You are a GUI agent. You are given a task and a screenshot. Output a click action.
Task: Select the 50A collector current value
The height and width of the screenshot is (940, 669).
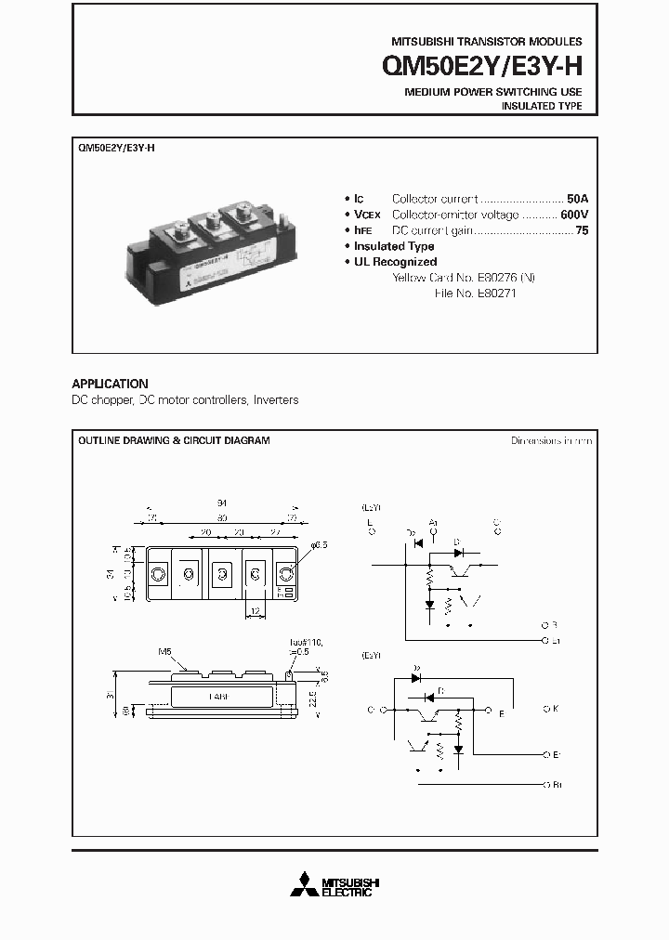pyautogui.click(x=578, y=199)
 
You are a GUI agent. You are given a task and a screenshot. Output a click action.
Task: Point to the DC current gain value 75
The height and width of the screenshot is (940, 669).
pyautogui.click(x=582, y=230)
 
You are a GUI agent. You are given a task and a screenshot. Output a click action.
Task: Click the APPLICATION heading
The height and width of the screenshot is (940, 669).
pyautogui.click(x=110, y=384)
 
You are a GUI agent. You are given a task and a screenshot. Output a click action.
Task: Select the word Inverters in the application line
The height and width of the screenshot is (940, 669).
pyautogui.click(x=276, y=400)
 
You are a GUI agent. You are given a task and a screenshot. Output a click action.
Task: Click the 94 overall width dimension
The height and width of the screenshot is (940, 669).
pyautogui.click(x=222, y=503)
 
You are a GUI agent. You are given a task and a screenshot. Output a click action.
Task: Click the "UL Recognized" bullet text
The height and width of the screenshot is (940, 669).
pyautogui.click(x=395, y=262)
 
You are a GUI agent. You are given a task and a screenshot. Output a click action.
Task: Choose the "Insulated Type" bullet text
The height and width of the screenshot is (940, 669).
pyautogui.click(x=394, y=246)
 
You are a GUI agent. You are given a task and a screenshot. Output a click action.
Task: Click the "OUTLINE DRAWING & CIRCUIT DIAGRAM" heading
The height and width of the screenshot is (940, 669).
pyautogui.click(x=174, y=440)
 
